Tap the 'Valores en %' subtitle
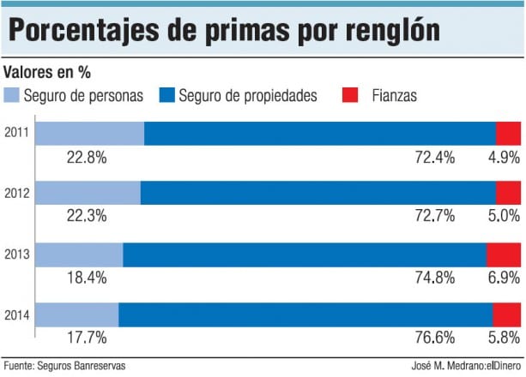[x=49, y=72]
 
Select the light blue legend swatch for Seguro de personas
[x=11, y=95]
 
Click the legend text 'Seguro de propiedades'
[x=248, y=95]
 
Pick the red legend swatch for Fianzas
[x=351, y=95]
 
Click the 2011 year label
[x=16, y=133]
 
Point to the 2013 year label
[x=16, y=254]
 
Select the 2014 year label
[x=16, y=314]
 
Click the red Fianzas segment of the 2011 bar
[x=508, y=133]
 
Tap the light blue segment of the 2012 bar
[x=87, y=194]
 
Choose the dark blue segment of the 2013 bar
[x=305, y=254]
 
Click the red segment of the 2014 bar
[x=506, y=314]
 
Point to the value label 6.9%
[x=504, y=278]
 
